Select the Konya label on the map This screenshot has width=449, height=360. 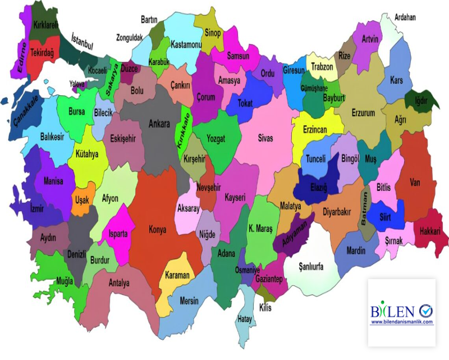[x=157, y=229]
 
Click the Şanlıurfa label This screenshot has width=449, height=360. [x=311, y=267]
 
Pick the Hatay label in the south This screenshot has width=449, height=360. [x=245, y=319]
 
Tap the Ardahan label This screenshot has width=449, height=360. [x=405, y=17]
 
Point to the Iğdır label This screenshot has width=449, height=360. [x=420, y=101]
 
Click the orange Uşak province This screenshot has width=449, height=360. [x=82, y=200]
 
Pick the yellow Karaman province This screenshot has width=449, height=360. [x=177, y=275]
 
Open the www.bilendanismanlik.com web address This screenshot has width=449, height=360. [x=402, y=322]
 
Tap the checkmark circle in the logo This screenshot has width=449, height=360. [x=425, y=310]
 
